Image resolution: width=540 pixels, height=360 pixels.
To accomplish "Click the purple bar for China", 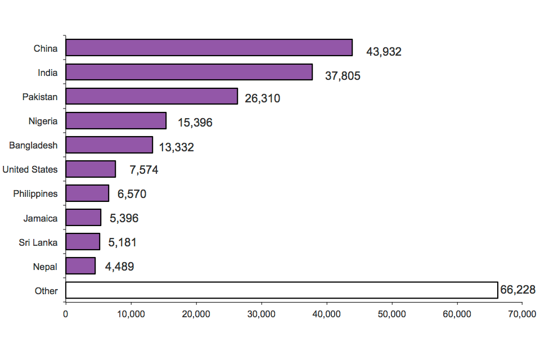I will pyautogui.click(x=209, y=48).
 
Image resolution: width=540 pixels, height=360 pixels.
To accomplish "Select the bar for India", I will pyautogui.click(x=189, y=72).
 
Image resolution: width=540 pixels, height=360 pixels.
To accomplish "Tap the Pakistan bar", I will pyautogui.click(x=151, y=96).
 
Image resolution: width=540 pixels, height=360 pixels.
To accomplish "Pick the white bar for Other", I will pyautogui.click(x=281, y=290).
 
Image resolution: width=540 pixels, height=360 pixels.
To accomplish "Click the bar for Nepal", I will pyautogui.click(x=80, y=265).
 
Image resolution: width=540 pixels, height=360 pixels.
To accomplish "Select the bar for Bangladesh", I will pyautogui.click(x=109, y=145).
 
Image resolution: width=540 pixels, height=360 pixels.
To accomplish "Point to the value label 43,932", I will pyautogui.click(x=384, y=52).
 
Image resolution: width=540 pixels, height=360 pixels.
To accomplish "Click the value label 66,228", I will pyautogui.click(x=517, y=290).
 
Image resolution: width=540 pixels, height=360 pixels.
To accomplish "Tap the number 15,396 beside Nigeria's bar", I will pyautogui.click(x=195, y=122).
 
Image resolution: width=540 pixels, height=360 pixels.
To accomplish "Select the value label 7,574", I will pyautogui.click(x=143, y=170).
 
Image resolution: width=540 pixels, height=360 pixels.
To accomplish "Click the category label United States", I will pyautogui.click(x=30, y=169).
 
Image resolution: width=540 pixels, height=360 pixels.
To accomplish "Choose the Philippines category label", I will pyautogui.click(x=35, y=193).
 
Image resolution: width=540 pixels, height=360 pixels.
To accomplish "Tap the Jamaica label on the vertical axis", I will pyautogui.click(x=40, y=218).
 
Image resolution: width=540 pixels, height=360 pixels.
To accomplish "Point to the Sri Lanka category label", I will pyautogui.click(x=38, y=242).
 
